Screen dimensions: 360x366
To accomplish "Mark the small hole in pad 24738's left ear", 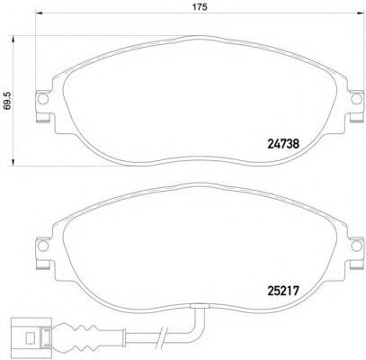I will coord(41,103).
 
